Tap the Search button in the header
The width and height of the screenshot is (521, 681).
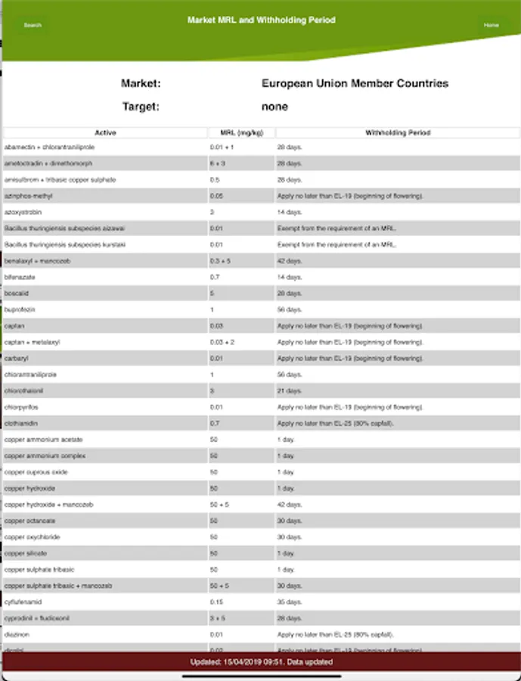pos(33,25)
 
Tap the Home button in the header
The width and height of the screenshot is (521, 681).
pos(491,25)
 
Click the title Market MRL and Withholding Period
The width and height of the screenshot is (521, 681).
pos(261,20)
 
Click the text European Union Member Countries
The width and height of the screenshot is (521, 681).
pos(355,83)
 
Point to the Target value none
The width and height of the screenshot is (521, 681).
pos(274,107)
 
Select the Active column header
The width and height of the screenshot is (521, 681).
pos(105,132)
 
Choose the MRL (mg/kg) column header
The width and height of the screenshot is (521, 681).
pos(241,132)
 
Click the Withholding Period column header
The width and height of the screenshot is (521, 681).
pos(398,132)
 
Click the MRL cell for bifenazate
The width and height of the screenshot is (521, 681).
pos(215,277)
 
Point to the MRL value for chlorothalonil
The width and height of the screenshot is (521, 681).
pos(213,390)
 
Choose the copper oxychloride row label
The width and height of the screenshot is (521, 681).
pos(32,537)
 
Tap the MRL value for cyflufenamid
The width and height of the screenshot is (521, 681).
pos(216,602)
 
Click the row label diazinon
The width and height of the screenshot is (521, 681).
pos(17,635)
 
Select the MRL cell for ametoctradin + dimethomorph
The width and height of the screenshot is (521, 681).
pos(216,163)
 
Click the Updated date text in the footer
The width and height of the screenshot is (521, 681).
pos(260,662)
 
